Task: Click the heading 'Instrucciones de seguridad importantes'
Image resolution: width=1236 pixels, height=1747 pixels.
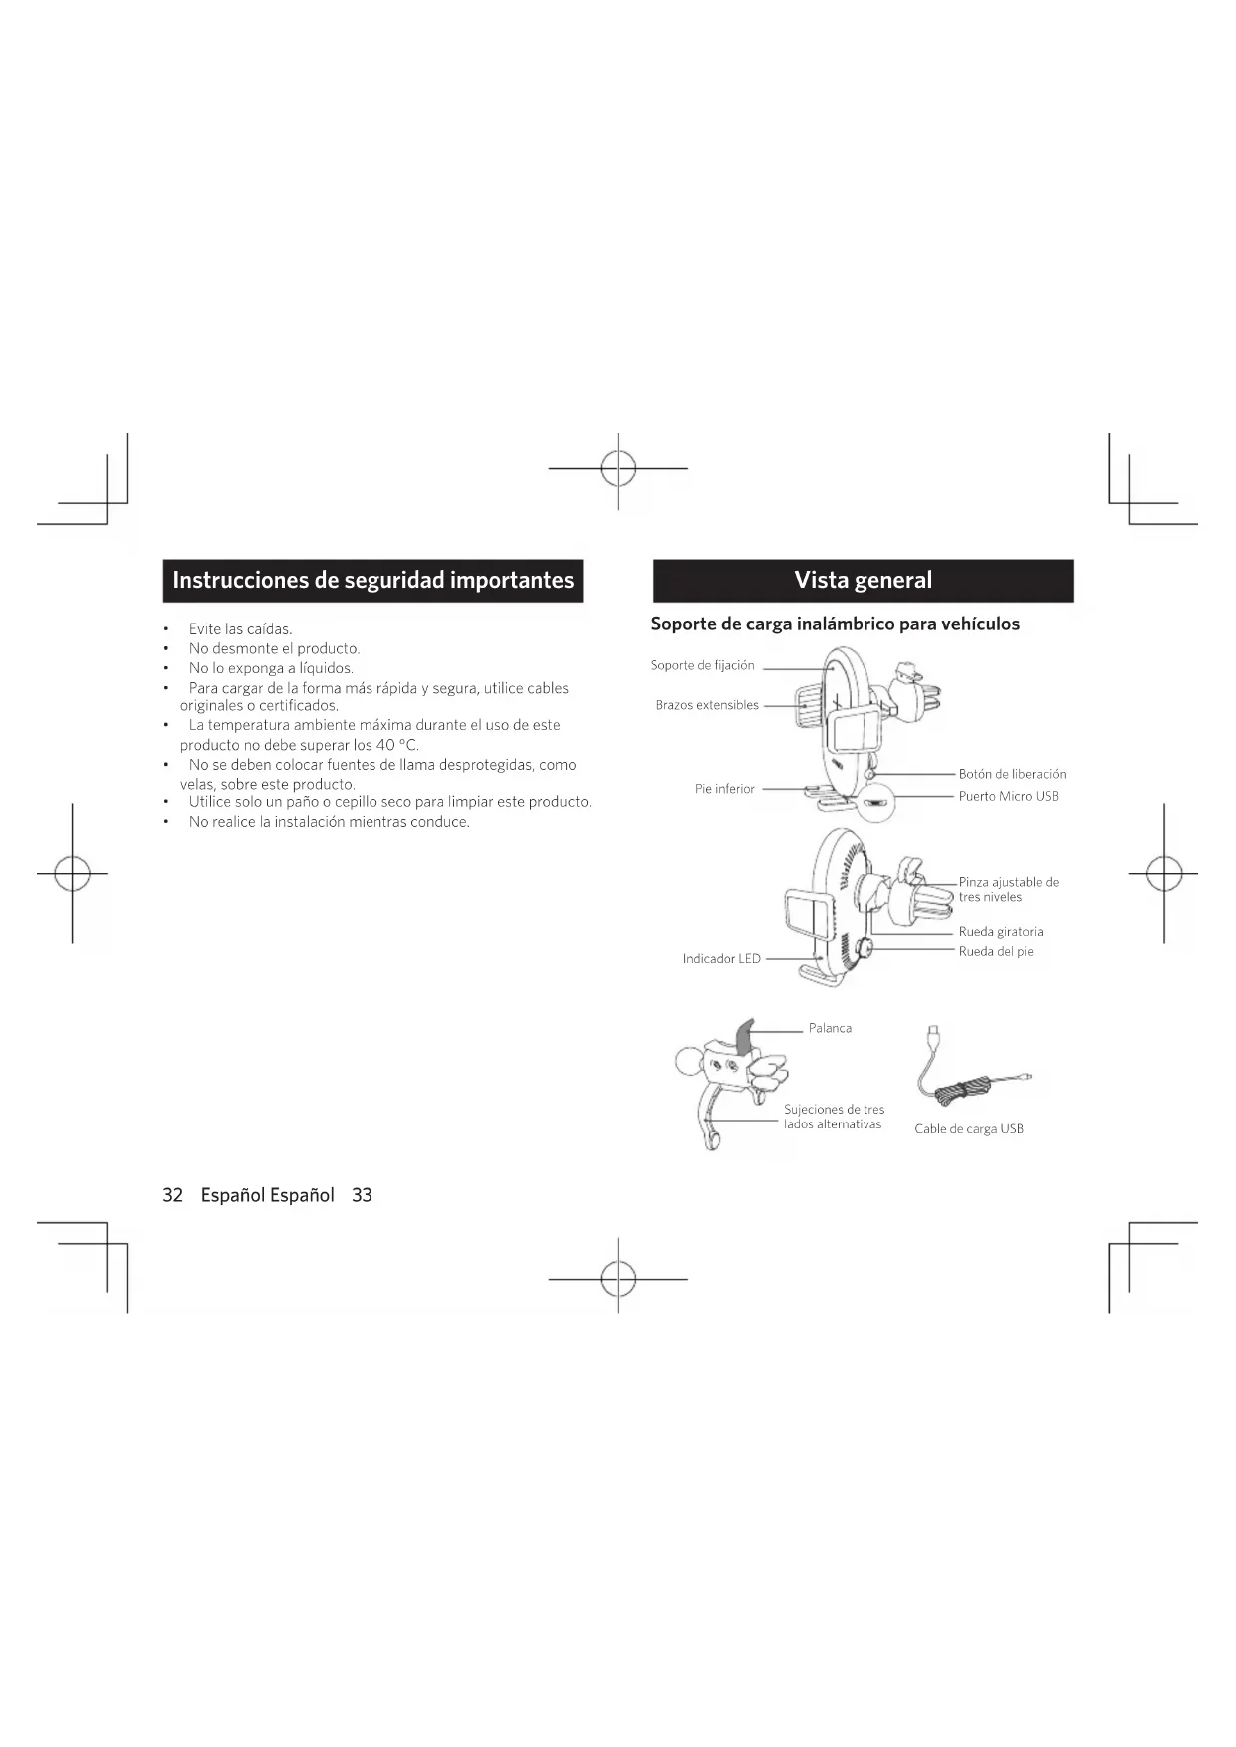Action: coord(372,580)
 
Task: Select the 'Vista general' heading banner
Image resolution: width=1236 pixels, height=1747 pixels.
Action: coord(863,580)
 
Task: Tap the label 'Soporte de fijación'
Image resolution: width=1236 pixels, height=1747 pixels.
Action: coord(702,665)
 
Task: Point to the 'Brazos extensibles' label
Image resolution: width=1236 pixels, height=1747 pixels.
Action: coord(706,705)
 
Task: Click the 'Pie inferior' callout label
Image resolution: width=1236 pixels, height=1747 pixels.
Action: coord(724,789)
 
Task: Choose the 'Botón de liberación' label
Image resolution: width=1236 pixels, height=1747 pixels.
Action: coord(1012,774)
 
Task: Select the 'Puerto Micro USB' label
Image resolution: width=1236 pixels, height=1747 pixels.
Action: coord(1008,796)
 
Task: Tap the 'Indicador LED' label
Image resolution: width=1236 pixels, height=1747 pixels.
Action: coord(721,959)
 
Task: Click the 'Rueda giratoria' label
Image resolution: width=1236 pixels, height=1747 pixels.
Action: coord(1001,932)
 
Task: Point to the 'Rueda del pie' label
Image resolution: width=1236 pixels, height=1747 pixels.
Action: coord(996,952)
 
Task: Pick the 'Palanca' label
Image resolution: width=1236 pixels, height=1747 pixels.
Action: coord(830,1028)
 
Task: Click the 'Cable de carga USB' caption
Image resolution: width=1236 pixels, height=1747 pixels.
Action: coord(968,1129)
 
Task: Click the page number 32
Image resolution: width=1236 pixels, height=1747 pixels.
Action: coord(172,1195)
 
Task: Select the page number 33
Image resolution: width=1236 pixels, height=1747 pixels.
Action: coord(362,1195)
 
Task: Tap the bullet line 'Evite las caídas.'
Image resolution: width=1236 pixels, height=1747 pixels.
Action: coord(240,629)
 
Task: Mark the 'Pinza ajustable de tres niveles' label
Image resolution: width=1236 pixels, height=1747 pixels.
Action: coord(1008,889)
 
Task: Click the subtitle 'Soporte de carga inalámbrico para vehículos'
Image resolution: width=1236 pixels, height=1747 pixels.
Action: coord(835,624)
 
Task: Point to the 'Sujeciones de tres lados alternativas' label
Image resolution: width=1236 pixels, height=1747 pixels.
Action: coord(834,1117)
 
